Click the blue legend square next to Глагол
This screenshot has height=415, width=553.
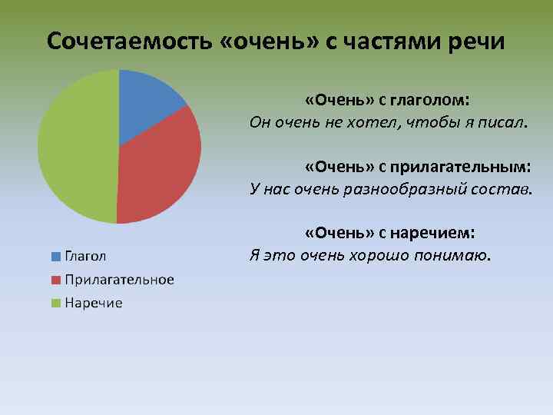tap(56, 256)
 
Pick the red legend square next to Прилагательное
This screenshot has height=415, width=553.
tap(56, 280)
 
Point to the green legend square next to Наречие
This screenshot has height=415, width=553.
tap(56, 304)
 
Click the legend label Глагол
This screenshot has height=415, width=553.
tap(85, 256)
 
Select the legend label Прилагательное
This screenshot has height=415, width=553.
tap(119, 280)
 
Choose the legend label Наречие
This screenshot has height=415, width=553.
tap(93, 304)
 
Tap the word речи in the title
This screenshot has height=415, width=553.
tap(477, 41)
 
